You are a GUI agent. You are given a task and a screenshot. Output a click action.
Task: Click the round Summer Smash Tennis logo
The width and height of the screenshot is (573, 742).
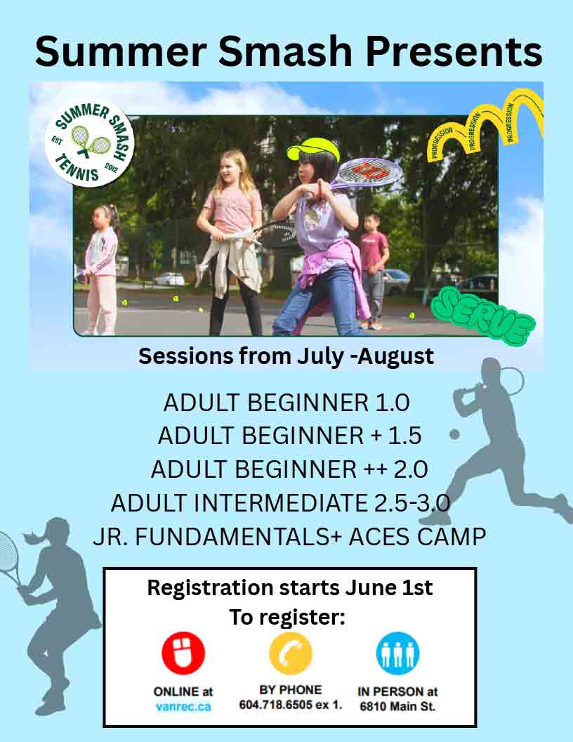tap(90, 143)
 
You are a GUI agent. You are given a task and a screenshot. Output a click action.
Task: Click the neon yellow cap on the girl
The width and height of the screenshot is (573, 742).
tap(313, 148)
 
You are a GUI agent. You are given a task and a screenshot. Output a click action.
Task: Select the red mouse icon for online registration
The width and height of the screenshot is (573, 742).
tap(183, 653)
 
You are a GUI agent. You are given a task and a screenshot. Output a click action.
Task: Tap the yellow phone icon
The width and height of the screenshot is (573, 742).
tap(290, 653)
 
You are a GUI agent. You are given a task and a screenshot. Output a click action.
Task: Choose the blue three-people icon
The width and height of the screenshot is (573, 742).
tap(397, 653)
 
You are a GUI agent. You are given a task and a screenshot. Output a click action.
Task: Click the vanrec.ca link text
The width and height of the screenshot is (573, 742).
tap(183, 707)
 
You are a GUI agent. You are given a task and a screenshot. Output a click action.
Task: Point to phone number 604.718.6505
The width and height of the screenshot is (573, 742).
tap(276, 705)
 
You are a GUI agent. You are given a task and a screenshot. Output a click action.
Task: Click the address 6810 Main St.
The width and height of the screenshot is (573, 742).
tap(397, 706)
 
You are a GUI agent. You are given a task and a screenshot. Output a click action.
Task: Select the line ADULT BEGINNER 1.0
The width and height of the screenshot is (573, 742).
tap(286, 403)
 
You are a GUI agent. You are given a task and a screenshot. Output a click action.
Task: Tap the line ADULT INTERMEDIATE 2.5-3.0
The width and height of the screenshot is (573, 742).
tap(280, 502)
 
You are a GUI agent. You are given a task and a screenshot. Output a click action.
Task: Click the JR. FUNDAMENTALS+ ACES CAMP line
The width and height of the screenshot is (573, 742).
tap(289, 537)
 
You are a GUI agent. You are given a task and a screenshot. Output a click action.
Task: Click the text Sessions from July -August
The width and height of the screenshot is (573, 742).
tap(286, 356)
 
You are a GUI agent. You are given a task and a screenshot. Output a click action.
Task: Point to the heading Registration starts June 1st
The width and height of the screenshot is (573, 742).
tap(290, 588)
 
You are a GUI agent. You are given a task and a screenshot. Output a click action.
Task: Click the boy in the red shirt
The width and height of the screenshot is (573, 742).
tap(374, 271)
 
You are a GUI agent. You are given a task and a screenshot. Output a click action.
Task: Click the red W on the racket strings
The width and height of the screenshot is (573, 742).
tap(374, 171)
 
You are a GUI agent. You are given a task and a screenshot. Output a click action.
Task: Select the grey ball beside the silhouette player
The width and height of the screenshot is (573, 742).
tap(454, 434)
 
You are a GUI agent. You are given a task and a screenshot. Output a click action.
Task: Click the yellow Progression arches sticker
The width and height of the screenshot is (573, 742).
tap(485, 125)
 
